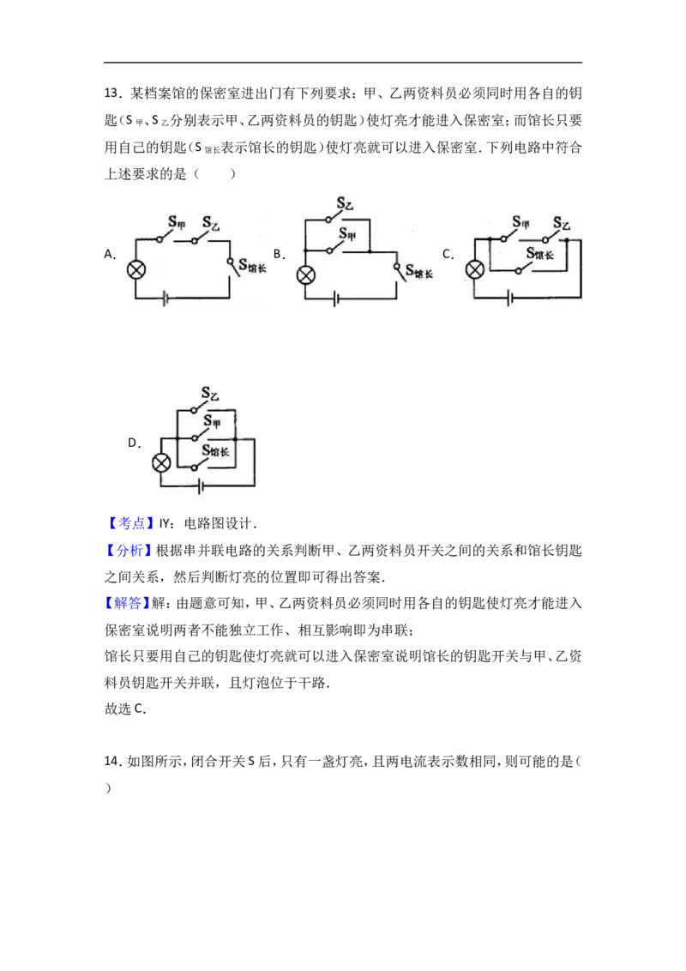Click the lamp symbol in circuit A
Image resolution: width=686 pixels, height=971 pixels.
point(136,270)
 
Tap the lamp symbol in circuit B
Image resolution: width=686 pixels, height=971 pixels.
point(306,275)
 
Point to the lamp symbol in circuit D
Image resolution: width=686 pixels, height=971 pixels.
point(161,463)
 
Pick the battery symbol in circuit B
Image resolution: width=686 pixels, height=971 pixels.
point(336,299)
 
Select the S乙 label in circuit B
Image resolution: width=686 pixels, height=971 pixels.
point(345,203)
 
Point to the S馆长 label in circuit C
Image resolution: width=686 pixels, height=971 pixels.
point(540,253)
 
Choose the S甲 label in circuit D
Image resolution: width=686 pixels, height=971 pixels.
point(213,422)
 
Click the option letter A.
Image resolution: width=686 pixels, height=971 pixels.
point(110,254)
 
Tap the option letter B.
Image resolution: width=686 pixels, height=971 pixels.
point(280,254)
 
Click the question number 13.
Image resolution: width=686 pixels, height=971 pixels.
point(111,93)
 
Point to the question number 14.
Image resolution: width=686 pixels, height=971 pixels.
point(111,761)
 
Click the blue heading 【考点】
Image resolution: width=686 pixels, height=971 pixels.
point(129,523)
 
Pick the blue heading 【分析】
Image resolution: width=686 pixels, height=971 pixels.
point(129,550)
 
